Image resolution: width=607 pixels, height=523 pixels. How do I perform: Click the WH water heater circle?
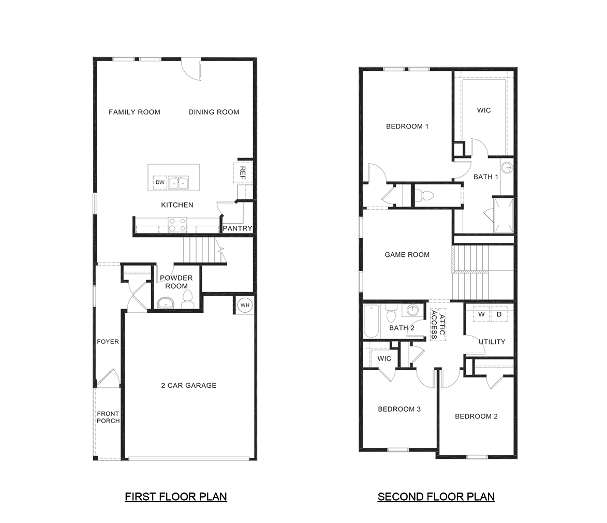[245, 306]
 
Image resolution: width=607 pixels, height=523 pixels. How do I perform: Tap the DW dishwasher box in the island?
[160, 183]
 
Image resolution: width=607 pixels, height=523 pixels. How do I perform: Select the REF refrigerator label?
[242, 172]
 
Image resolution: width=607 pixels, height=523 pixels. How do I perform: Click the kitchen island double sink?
[179, 183]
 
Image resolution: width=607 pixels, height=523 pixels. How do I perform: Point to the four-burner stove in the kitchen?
[177, 224]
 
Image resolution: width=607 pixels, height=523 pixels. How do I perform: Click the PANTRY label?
[237, 228]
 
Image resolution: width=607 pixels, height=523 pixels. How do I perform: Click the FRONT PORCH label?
[108, 417]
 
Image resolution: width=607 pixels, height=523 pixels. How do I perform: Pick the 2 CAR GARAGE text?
[188, 385]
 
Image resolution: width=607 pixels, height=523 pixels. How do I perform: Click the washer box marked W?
[481, 314]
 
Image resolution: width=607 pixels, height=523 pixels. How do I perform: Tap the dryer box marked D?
[499, 314]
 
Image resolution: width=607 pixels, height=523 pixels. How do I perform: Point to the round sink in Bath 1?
[508, 168]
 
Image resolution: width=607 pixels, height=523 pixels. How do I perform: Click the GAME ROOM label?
[407, 254]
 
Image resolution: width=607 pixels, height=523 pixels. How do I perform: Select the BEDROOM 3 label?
[399, 409]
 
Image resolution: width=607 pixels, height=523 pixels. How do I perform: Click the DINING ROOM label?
[214, 112]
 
